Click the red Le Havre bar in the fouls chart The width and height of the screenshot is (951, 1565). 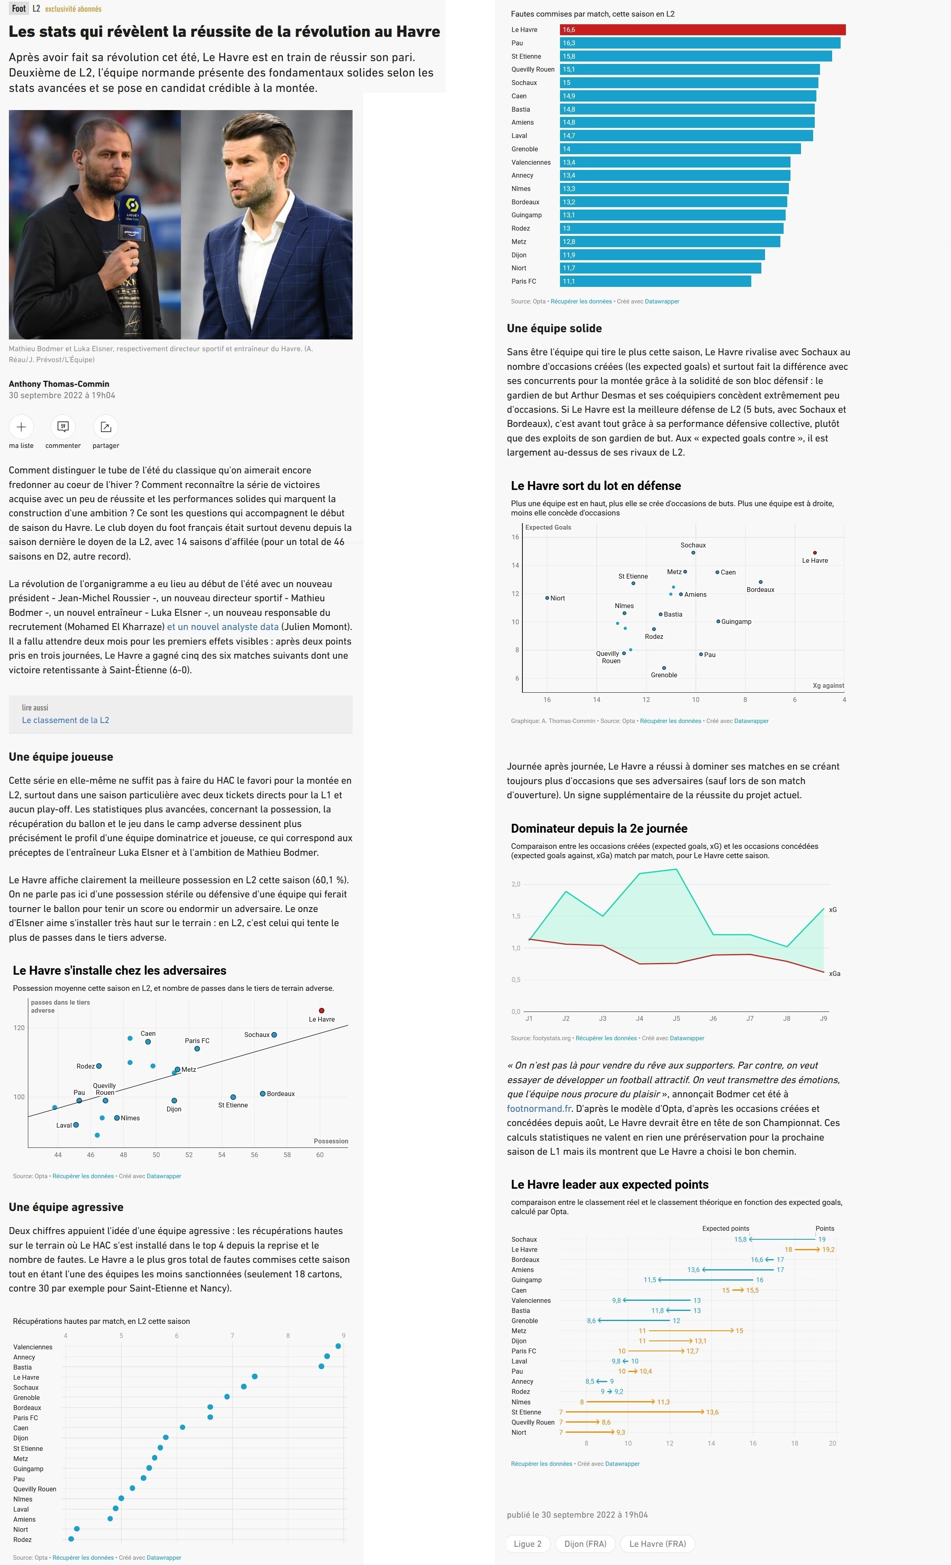[702, 30]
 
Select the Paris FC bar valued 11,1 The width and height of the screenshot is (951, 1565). [655, 281]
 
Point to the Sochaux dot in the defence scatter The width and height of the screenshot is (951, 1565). [693, 553]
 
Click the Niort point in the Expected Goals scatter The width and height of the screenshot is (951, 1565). [547, 598]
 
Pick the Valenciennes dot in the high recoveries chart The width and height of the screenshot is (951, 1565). [338, 1346]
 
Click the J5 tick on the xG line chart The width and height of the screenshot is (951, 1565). [676, 1018]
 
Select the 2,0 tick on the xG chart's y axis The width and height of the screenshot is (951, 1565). [516, 884]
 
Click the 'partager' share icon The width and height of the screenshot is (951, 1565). [106, 427]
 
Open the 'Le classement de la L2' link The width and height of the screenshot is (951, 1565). [66, 720]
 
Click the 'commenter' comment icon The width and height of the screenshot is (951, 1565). [63, 427]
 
